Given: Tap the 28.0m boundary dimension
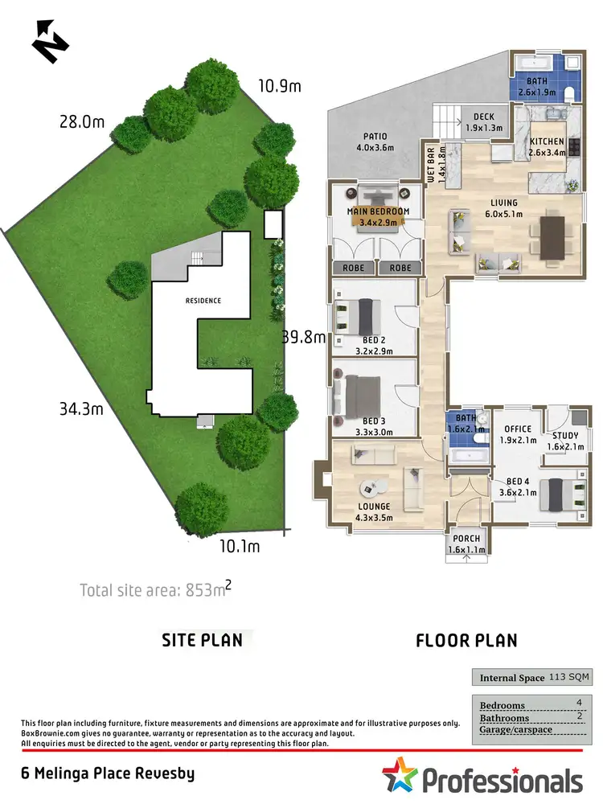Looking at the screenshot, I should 83,122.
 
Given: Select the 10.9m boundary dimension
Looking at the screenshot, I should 279,85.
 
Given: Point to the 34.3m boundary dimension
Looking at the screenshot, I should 83,409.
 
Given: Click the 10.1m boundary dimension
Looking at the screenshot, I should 239,547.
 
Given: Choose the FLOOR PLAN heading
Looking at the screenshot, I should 466,641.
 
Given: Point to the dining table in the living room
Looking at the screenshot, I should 552,236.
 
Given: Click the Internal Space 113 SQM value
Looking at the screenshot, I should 568,678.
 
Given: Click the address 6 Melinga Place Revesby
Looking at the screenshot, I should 108,774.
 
